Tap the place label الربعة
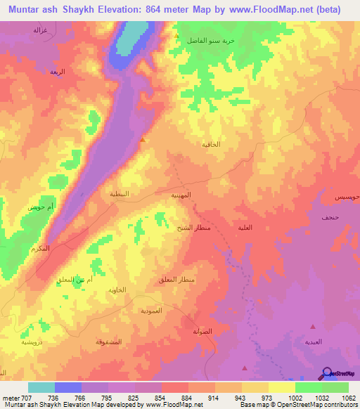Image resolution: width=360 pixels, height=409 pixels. pyautogui.click(x=57, y=72)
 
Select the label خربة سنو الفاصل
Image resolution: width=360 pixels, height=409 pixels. pyautogui.click(x=210, y=41)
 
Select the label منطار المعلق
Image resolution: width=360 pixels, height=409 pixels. pyautogui.click(x=174, y=280)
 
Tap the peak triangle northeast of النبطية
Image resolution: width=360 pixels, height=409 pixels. pyautogui.click(x=143, y=139)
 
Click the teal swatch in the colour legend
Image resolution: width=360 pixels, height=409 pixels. pyautogui.click(x=41, y=387)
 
